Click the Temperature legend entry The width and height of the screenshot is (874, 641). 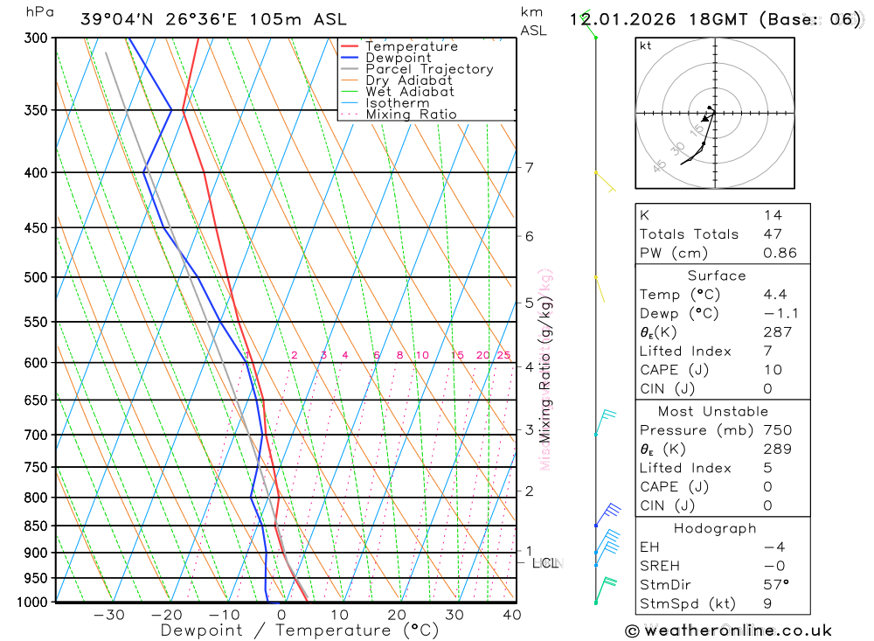(411, 46)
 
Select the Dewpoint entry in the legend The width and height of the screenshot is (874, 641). (399, 58)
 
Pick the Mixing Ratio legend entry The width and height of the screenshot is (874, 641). (411, 114)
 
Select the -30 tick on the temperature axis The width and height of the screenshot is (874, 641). (108, 616)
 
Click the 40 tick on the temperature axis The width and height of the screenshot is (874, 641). (512, 616)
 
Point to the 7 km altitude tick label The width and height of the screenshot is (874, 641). (529, 167)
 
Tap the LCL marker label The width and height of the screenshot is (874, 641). (545, 563)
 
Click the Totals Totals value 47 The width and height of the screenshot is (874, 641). (773, 234)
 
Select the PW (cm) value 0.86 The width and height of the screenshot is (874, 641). (780, 254)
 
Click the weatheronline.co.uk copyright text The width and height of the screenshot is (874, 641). (729, 631)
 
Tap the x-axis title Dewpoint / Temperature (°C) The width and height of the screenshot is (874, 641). (300, 630)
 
